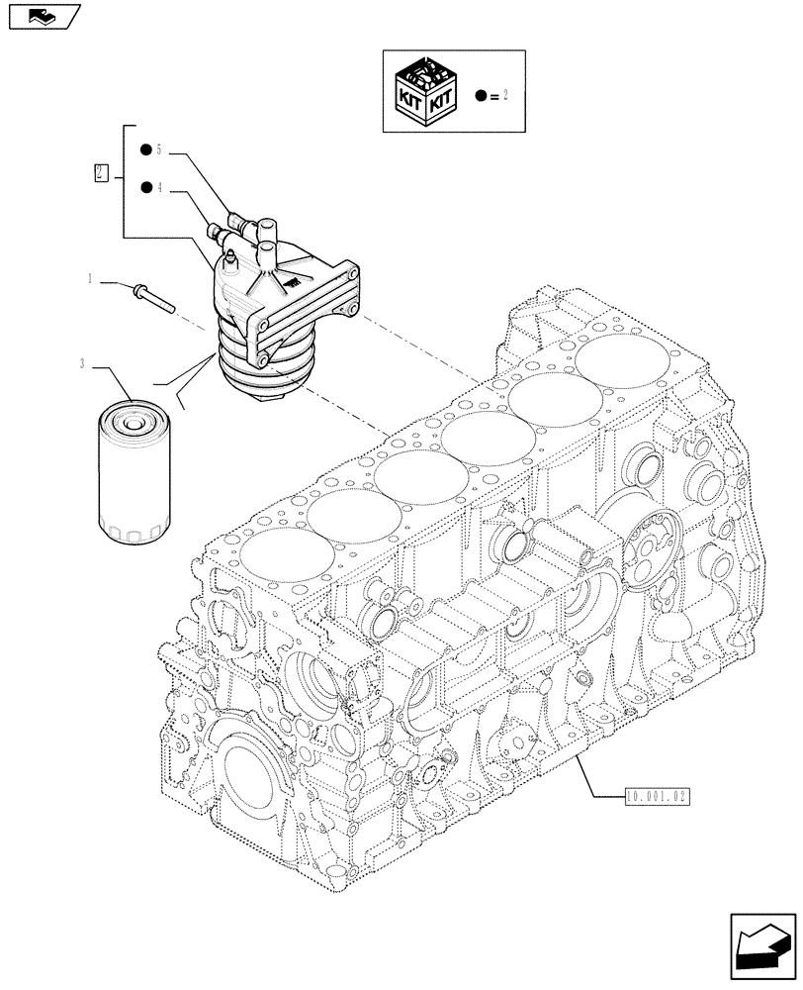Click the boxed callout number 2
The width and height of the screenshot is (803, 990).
pos(100,173)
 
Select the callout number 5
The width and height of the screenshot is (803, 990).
pos(158,150)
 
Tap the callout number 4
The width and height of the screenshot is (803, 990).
pos(158,186)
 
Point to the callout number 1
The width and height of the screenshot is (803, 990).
pos(90,280)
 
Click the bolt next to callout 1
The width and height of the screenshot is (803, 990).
pos(151,296)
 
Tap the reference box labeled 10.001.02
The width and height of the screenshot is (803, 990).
pos(657,794)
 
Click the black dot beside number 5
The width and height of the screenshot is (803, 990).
pos(144,150)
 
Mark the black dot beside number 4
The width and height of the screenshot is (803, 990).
pos(144,186)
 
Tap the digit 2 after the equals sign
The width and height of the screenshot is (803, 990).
pos(506,96)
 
